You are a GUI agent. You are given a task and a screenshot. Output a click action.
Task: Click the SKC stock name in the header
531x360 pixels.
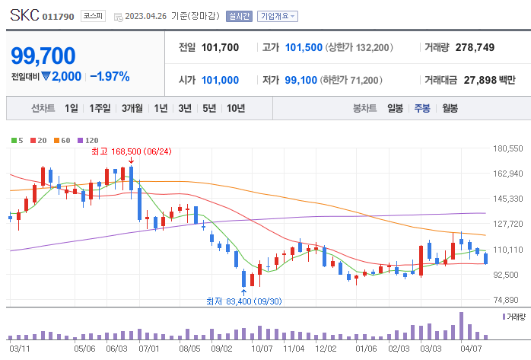click(x=24, y=15)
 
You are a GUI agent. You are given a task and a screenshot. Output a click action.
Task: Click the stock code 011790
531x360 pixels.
click(x=59, y=16)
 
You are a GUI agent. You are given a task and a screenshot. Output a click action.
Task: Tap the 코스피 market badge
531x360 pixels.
click(x=94, y=15)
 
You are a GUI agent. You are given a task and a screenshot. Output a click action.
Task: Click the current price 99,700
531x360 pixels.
click(x=43, y=56)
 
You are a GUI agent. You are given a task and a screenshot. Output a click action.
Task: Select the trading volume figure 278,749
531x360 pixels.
click(x=475, y=47)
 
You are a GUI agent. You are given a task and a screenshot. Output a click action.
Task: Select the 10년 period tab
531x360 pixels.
click(x=235, y=108)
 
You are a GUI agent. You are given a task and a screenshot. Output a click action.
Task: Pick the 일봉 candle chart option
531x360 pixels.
click(x=395, y=108)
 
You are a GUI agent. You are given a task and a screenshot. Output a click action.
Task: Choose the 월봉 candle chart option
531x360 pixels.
click(x=450, y=108)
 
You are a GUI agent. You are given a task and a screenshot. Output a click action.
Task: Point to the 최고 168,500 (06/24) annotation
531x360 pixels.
click(x=131, y=151)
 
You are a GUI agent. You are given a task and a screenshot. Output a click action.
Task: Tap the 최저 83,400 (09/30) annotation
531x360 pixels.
click(x=243, y=301)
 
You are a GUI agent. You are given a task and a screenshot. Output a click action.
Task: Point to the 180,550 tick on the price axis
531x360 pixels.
click(x=508, y=148)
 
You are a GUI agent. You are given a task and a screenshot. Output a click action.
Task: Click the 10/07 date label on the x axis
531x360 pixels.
click(x=262, y=348)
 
